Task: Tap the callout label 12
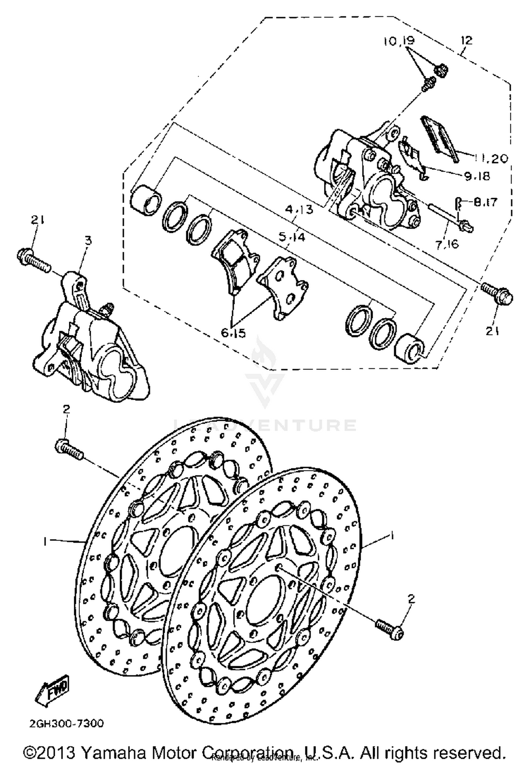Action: (x=466, y=40)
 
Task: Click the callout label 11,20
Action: (x=490, y=158)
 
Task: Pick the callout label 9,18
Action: (x=477, y=176)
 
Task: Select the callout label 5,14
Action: (x=291, y=237)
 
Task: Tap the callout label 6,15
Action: (x=234, y=333)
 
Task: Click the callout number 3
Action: (x=88, y=241)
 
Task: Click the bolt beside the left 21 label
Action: (x=33, y=260)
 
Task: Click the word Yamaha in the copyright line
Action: (x=113, y=753)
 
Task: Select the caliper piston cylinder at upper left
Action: (x=145, y=200)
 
